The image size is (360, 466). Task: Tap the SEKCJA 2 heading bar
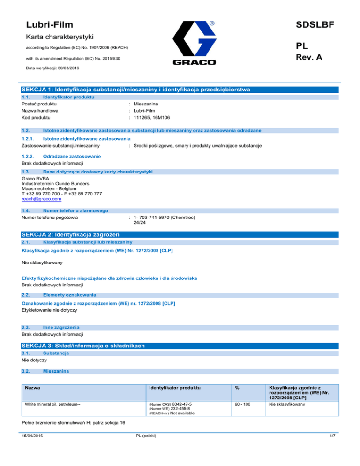tap(180, 234)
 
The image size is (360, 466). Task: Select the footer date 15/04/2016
tap(33, 450)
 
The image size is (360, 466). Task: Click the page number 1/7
tap(333, 450)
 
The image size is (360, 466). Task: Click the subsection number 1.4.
tap(26, 211)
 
